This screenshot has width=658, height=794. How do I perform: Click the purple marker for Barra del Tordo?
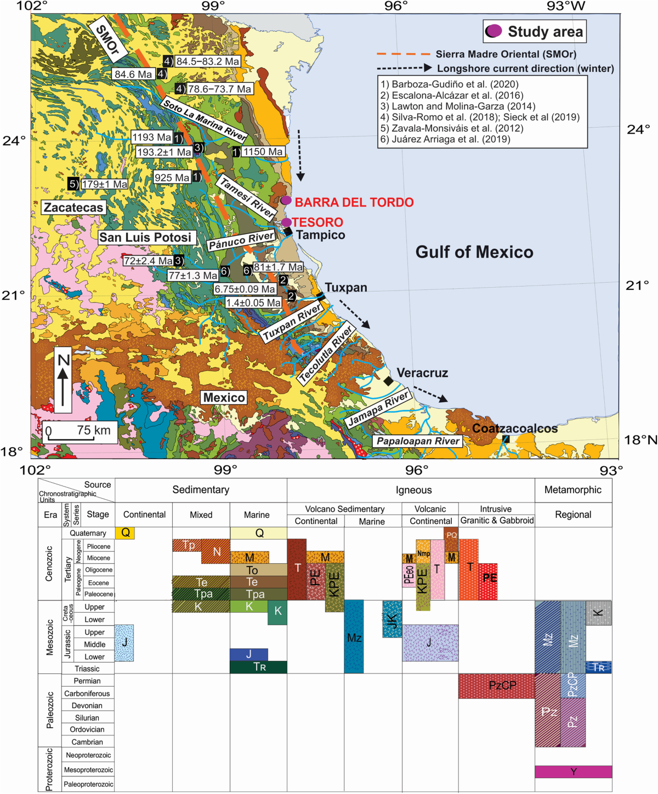(x=286, y=201)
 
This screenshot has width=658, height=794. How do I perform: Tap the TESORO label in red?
(x=317, y=222)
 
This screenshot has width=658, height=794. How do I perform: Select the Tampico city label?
(x=320, y=235)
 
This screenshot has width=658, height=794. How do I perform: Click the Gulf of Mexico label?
(x=474, y=252)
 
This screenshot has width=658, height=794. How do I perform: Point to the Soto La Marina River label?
(x=204, y=119)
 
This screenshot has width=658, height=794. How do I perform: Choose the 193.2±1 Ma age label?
(x=163, y=152)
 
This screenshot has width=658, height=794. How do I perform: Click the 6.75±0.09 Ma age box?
(x=245, y=289)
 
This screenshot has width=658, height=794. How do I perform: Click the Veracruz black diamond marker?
(x=388, y=381)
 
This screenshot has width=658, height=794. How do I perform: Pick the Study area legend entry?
(x=535, y=32)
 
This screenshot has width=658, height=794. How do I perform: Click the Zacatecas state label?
(x=73, y=207)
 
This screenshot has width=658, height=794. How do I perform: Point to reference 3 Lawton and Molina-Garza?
(x=458, y=106)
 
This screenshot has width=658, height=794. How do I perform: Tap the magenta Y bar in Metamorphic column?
(x=573, y=772)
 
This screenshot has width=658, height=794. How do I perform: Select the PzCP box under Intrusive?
(x=496, y=686)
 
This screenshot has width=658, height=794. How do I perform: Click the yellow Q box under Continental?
(x=125, y=533)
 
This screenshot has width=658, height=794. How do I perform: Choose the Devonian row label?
(x=87, y=706)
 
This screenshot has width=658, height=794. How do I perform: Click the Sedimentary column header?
(x=201, y=490)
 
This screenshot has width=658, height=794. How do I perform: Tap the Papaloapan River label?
(x=418, y=441)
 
